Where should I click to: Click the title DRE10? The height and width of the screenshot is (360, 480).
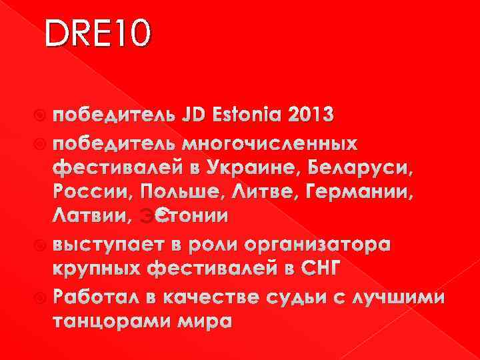99,35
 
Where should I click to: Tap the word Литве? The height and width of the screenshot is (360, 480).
251,193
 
